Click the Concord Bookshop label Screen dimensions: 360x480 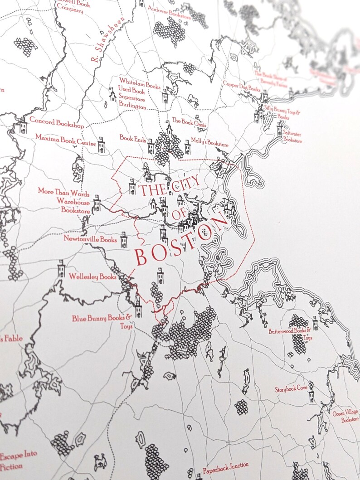coord(56,122)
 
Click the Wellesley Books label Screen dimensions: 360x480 coord(92,276)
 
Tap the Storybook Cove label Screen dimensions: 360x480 coord(291,389)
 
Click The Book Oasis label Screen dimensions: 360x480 coord(189,121)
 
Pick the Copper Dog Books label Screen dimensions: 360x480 coord(242,86)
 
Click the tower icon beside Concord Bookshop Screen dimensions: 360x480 coord(23,125)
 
